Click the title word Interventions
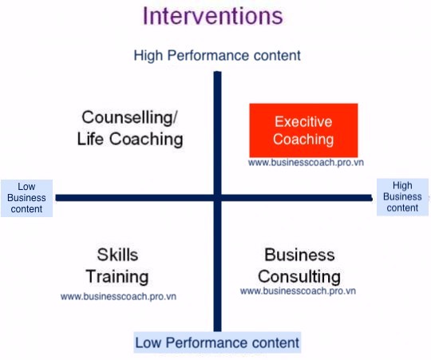pos(213,16)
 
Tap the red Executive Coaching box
pos(303,130)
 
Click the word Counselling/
pos(130,117)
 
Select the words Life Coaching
pos(130,139)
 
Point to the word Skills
pos(117,255)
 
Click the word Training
pos(117,276)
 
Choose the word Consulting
pos(299,276)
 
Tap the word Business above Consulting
pos(299,255)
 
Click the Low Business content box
pos(26,198)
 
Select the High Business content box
pos(402,197)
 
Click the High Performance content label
pos(217,56)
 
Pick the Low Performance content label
pos(217,342)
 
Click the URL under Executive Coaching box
pos(306,162)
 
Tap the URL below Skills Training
pos(118,296)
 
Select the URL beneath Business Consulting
pos(298,291)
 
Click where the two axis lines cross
pos(217,198)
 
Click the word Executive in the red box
pos(303,122)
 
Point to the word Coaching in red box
pos(303,140)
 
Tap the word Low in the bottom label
pos(148,342)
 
